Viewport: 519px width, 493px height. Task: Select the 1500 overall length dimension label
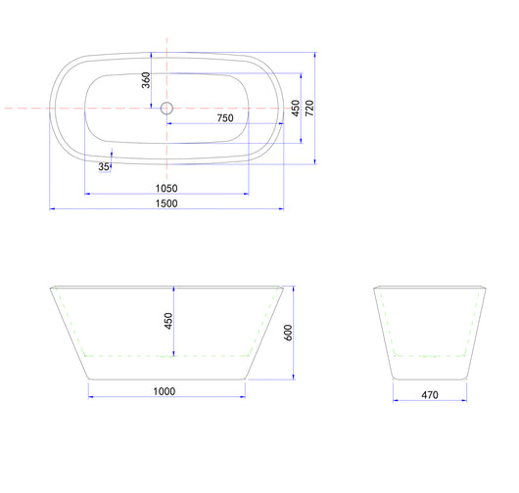166,203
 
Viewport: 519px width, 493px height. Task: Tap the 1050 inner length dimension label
166,188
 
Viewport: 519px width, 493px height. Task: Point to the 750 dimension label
225,118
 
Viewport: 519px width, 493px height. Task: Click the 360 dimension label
146,80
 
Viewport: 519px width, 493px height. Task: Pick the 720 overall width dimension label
309,108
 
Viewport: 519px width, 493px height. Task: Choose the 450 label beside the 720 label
296,109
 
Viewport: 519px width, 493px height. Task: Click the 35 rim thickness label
104,166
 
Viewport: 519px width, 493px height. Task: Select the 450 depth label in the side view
168,321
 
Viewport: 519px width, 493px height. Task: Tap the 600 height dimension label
288,333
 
